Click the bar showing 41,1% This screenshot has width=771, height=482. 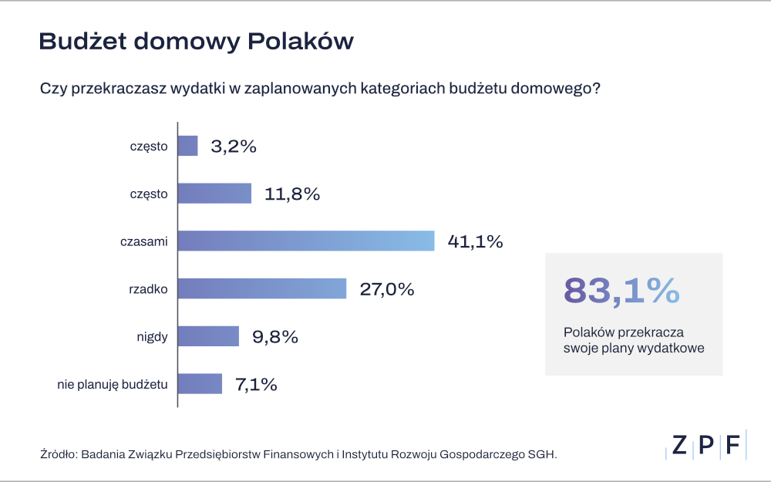point(306,241)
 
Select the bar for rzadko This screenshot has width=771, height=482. point(262,288)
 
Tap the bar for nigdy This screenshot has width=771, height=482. point(208,336)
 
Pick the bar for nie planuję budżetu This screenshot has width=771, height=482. point(200,383)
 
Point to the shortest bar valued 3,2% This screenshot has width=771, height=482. point(188,146)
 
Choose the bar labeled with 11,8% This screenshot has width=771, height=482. point(214,194)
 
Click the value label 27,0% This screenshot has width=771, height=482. point(387,289)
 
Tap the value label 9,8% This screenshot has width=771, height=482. point(275,337)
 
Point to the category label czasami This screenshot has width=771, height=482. point(143,241)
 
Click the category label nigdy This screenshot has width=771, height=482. point(151,336)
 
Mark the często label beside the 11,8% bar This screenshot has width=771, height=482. point(148,194)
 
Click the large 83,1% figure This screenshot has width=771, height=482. point(621,291)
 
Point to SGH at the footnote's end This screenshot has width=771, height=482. point(541,454)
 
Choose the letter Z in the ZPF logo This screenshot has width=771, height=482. point(679,445)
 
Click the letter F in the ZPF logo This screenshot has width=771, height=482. point(732,445)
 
